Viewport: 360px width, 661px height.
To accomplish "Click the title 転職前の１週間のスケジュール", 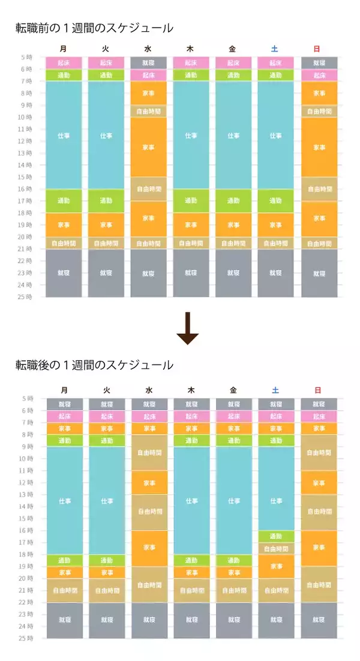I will click(x=94, y=28).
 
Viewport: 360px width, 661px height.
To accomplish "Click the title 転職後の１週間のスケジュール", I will click(x=94, y=365).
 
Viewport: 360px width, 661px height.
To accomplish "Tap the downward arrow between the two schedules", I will click(x=187, y=328).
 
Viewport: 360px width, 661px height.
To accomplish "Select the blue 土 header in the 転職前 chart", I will click(x=275, y=49).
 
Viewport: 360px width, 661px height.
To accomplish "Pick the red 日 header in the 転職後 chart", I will click(x=318, y=390).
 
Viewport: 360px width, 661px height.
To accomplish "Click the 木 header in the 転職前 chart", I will click(x=191, y=49).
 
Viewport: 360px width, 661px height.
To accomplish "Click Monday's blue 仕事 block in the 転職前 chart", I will click(x=64, y=135).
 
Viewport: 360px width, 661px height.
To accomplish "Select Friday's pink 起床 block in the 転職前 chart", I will click(x=233, y=63).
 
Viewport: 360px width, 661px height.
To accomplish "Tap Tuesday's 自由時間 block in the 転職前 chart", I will click(x=106, y=243).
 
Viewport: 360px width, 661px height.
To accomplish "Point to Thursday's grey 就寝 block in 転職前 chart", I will click(x=191, y=273).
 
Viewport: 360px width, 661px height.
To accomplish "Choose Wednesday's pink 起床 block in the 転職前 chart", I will click(x=149, y=75).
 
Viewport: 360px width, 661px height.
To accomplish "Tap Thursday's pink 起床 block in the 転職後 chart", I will click(x=191, y=416).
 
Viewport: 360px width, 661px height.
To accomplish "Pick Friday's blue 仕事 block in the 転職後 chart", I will click(x=234, y=500).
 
